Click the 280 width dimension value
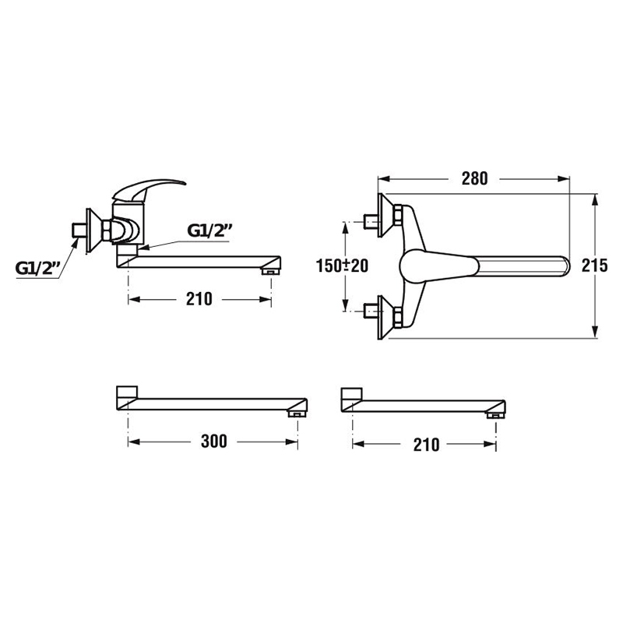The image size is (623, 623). pos(474,179)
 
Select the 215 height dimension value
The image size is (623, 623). pos(594,266)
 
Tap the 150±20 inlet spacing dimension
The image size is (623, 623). pos(342,266)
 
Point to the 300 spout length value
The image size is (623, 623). pos(213,442)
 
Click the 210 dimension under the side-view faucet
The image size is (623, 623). pos(199,299)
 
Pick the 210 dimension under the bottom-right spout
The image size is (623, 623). pos(426,445)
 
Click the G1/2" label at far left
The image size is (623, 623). pos(37,268)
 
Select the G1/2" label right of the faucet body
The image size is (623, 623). pos(209,231)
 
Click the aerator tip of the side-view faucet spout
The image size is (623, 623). pos(271,272)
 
